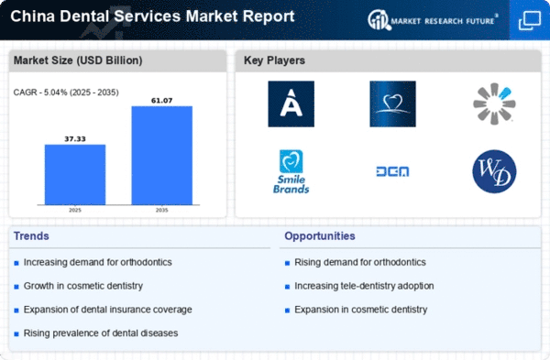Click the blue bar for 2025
click(x=75, y=175)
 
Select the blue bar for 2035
click(x=161, y=156)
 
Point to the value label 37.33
click(x=75, y=139)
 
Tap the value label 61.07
click(x=161, y=101)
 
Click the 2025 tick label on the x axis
click(x=75, y=210)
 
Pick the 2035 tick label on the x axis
click(x=161, y=210)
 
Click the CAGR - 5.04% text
click(x=66, y=93)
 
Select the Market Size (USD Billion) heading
click(x=78, y=60)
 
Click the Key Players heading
click(x=274, y=60)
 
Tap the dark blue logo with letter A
click(x=291, y=104)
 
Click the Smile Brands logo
click(x=291, y=172)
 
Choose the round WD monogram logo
click(x=494, y=171)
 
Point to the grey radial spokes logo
click(x=494, y=104)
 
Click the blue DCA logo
click(x=392, y=171)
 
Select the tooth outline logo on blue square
click(x=393, y=104)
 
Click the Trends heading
click(x=31, y=236)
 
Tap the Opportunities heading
click(x=320, y=236)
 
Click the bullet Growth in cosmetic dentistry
click(x=83, y=286)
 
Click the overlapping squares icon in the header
click(x=529, y=20)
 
